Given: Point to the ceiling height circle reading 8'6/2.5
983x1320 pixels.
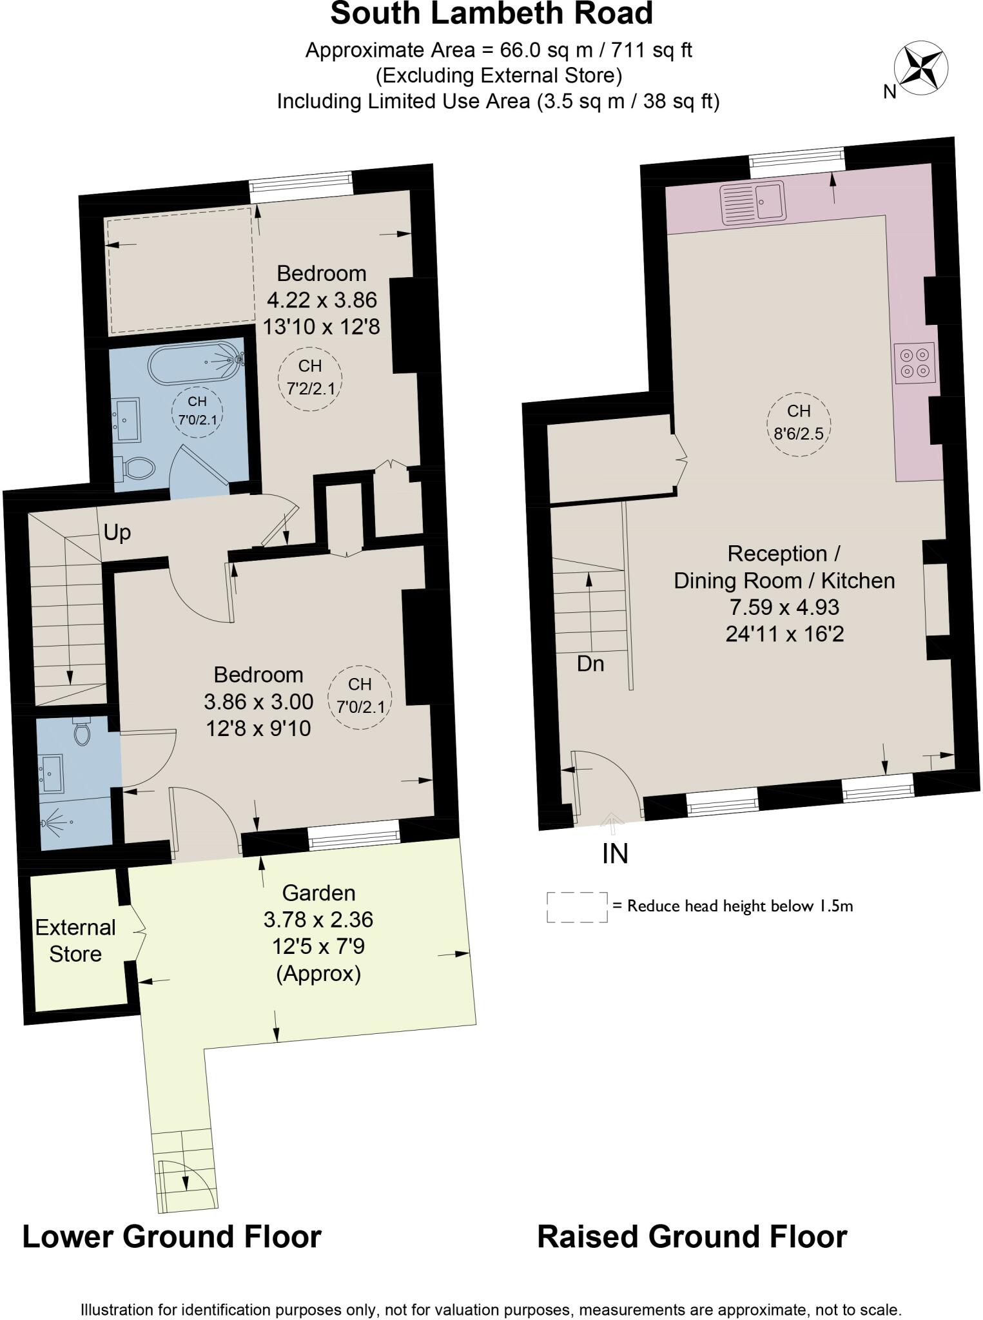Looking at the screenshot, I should pyautogui.click(x=798, y=424).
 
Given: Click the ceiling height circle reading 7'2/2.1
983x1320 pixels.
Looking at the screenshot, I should pyautogui.click(x=310, y=378).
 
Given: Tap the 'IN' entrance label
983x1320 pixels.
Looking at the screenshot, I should pyautogui.click(x=615, y=854).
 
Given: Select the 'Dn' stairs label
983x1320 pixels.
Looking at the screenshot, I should pyautogui.click(x=590, y=664).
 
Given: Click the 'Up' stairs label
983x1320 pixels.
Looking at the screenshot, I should pyautogui.click(x=117, y=532).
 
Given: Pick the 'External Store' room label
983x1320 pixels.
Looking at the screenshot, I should pyautogui.click(x=75, y=941).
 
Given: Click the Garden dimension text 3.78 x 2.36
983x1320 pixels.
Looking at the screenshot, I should pyautogui.click(x=318, y=920).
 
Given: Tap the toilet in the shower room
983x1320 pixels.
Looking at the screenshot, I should pyautogui.click(x=81, y=732).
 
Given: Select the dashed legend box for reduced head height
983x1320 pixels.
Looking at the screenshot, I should pyautogui.click(x=577, y=907).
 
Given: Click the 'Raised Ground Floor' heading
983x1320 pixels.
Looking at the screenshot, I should pyautogui.click(x=692, y=1237).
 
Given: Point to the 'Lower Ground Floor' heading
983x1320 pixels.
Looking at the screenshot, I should pyautogui.click(x=172, y=1237).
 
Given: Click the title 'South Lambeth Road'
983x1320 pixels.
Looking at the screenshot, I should pyautogui.click(x=491, y=14).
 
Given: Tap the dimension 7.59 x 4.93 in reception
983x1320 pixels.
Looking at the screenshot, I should pyautogui.click(x=784, y=607).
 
